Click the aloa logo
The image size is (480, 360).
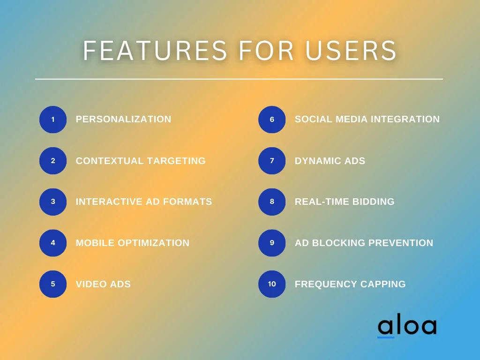(406, 326)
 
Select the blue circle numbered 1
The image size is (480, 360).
(53, 120)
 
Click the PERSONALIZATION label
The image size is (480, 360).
(123, 120)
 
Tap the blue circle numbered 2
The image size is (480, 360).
(53, 161)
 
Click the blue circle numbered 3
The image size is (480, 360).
(53, 202)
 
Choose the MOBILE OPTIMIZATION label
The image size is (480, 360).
(132, 243)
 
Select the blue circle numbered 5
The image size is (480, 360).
(53, 284)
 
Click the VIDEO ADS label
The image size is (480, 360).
(103, 284)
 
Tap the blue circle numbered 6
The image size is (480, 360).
(272, 120)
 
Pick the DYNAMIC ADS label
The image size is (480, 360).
(330, 161)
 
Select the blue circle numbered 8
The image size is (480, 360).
(272, 202)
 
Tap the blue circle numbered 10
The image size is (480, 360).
(272, 284)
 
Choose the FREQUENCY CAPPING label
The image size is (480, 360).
(350, 284)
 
